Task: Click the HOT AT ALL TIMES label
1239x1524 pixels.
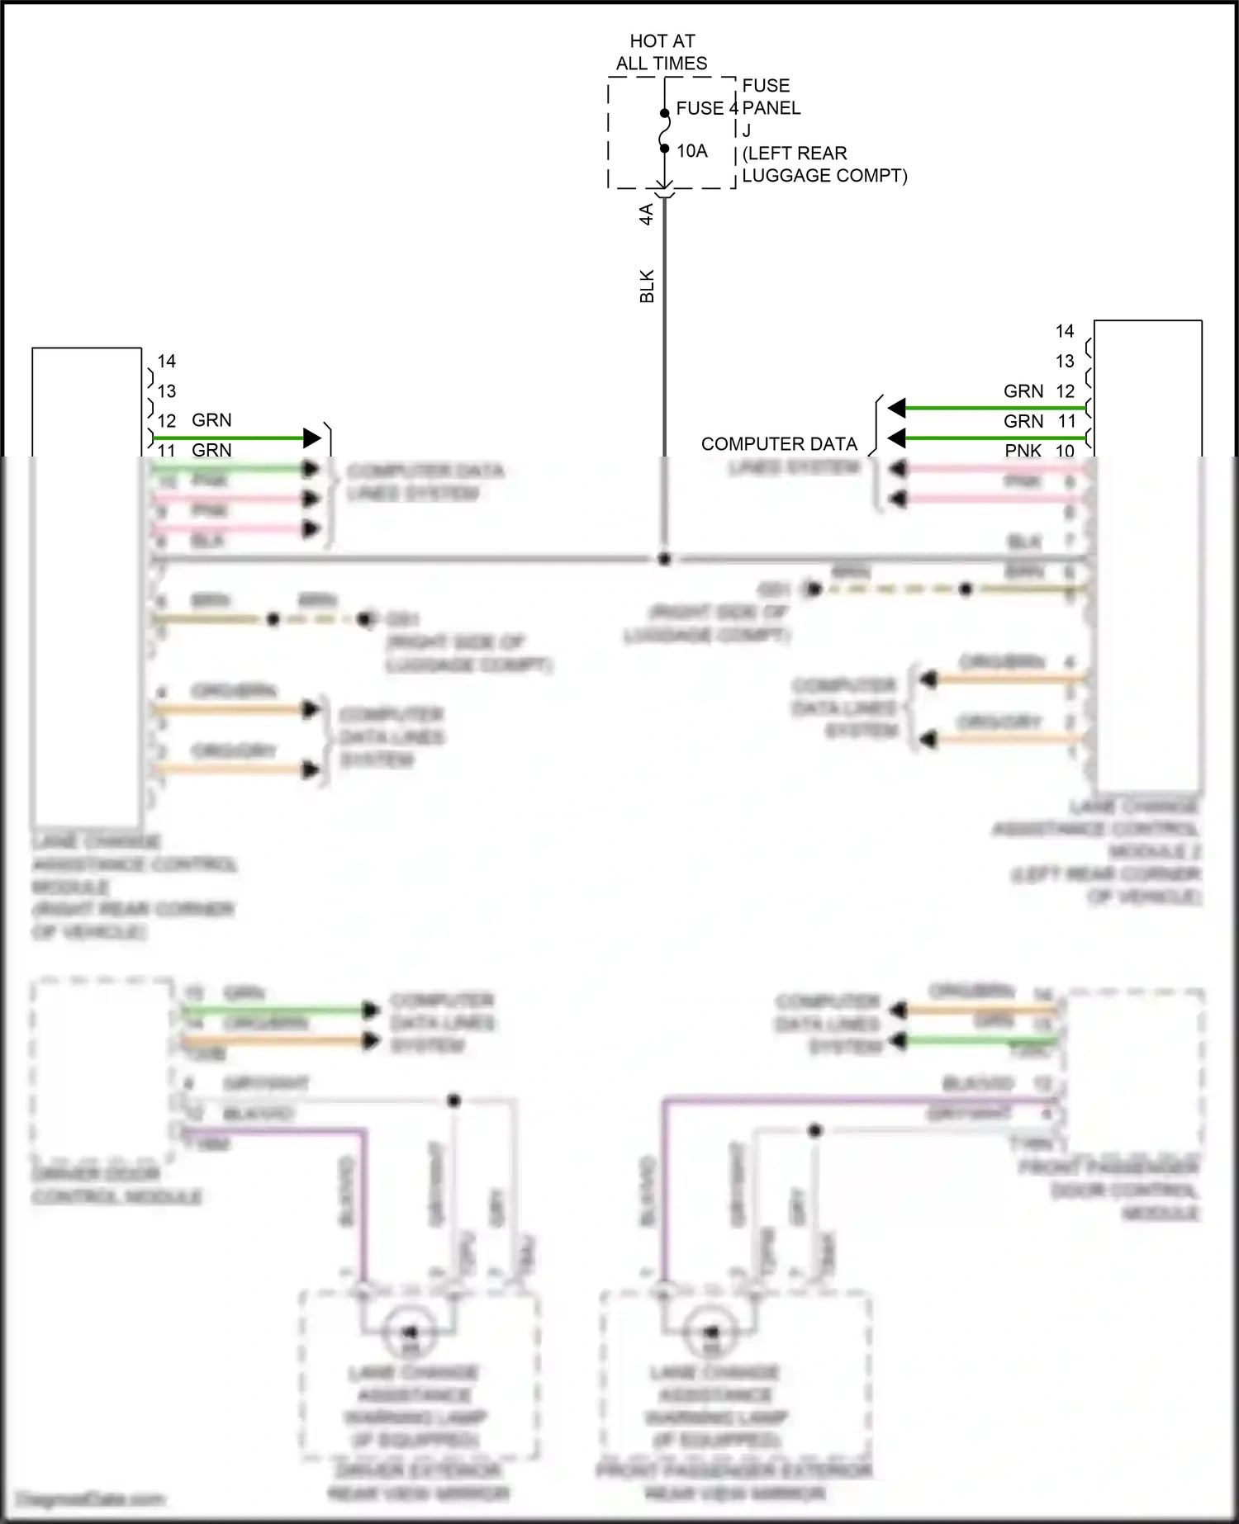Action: [x=662, y=52]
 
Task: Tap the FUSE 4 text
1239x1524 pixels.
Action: [x=706, y=108]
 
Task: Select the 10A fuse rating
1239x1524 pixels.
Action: [x=692, y=151]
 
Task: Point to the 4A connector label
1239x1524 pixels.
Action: [x=647, y=214]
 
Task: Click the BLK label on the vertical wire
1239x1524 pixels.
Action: [x=647, y=286]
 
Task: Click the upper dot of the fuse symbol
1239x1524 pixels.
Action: [x=664, y=114]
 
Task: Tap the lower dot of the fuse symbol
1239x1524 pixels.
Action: [x=664, y=149]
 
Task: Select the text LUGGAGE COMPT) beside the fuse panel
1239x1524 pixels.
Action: [x=824, y=176]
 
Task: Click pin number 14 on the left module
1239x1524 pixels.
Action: [x=167, y=362]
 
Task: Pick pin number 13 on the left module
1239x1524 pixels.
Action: [x=167, y=391]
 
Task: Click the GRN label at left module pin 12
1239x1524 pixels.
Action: [x=211, y=420]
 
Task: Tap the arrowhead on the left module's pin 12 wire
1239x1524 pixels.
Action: [x=311, y=438]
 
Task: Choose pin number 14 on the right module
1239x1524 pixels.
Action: [x=1065, y=331]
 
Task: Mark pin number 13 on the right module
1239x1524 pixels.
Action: [x=1065, y=362]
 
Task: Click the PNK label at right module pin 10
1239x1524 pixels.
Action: [x=1023, y=451]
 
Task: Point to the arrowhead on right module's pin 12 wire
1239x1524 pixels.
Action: [x=897, y=408]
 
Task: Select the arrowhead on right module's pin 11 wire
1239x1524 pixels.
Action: [x=897, y=438]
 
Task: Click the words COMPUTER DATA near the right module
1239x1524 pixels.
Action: [x=779, y=444]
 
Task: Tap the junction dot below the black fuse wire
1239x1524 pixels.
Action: [x=664, y=559]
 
